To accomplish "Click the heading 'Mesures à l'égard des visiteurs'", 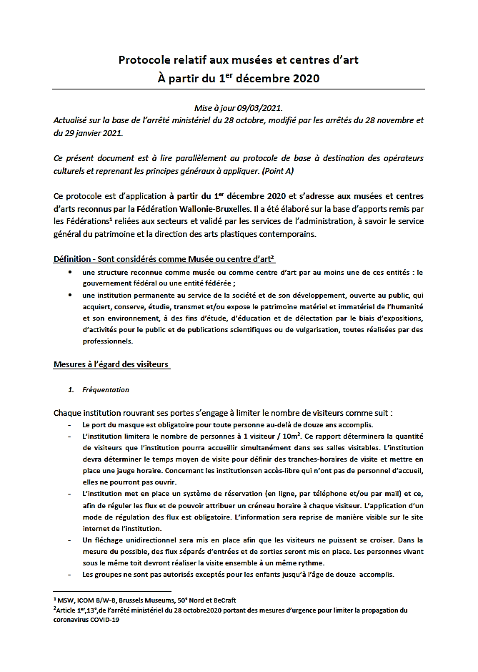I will click(111, 364).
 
